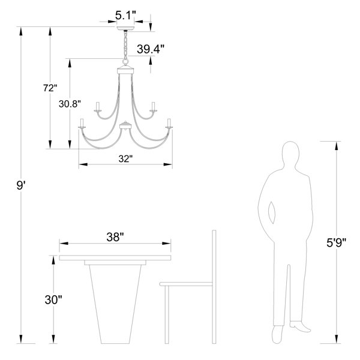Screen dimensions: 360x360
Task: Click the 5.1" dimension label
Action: [x=125, y=16]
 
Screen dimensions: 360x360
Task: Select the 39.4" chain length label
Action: [x=151, y=49]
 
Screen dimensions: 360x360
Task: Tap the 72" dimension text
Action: [x=50, y=88]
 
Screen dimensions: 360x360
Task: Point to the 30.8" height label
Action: [x=70, y=104]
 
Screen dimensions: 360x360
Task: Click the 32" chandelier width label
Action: [x=125, y=158]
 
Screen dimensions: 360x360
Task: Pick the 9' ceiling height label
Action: [x=20, y=185]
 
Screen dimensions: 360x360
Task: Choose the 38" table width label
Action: [x=115, y=237]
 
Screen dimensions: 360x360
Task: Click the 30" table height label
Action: [x=53, y=299]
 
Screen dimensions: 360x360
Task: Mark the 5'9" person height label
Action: [x=336, y=242]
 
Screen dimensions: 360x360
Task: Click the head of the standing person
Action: [x=290, y=152]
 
